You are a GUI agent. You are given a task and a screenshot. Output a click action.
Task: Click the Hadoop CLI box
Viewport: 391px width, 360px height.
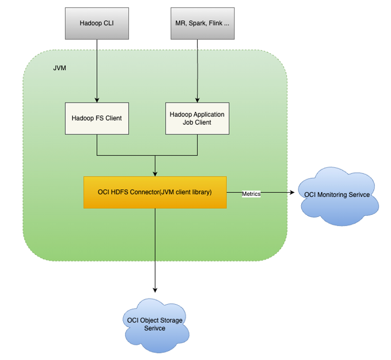(x=97, y=24)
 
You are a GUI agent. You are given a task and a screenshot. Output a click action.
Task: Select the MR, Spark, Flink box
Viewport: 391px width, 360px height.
(x=202, y=24)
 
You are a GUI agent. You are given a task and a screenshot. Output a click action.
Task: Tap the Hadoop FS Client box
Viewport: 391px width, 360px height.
(x=97, y=118)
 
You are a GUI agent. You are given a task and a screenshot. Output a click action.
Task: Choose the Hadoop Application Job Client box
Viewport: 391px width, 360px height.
(x=197, y=118)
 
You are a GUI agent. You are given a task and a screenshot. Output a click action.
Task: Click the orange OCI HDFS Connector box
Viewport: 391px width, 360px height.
(x=155, y=192)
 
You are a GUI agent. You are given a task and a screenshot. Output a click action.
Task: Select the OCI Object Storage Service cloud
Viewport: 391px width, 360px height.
(x=154, y=324)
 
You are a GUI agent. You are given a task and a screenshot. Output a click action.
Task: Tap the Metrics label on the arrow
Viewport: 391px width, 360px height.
(x=251, y=194)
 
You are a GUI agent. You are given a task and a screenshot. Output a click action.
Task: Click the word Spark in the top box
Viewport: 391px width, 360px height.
(x=202, y=23)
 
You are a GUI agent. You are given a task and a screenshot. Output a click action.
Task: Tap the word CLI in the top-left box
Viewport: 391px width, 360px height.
(x=108, y=23)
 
